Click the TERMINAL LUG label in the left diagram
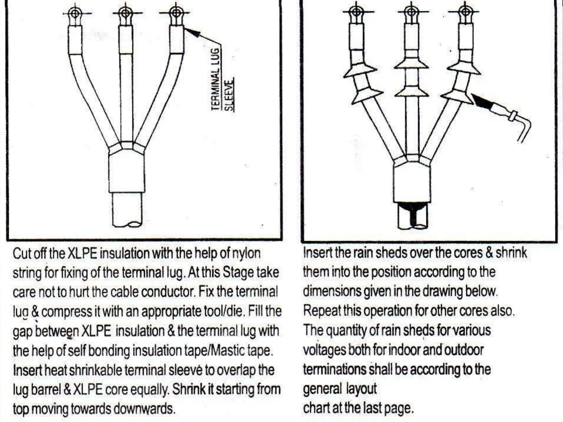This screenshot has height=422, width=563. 216,80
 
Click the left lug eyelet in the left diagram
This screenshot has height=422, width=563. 74,13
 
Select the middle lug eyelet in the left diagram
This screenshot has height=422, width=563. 125,13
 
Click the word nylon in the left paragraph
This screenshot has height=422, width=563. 246,253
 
